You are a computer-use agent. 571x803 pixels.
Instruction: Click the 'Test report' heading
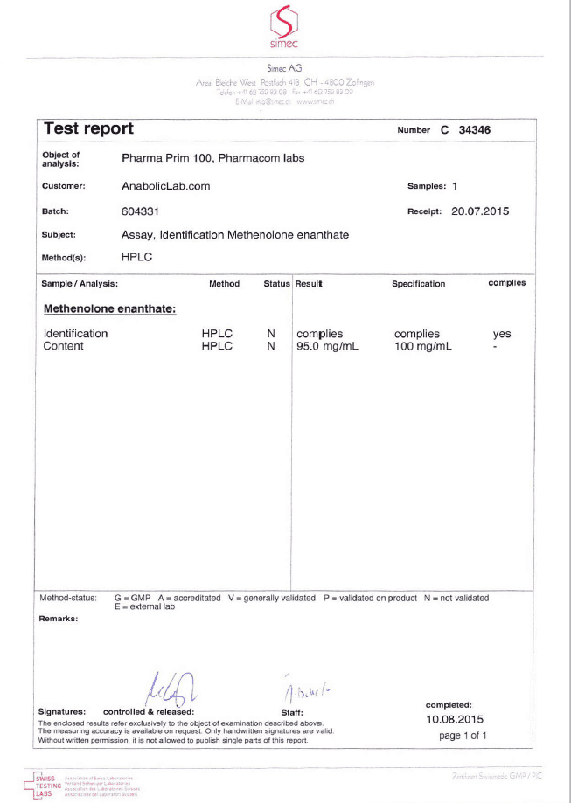(x=88, y=129)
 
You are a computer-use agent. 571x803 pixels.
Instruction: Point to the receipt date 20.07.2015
(x=480, y=211)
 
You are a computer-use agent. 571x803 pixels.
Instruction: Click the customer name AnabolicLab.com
(x=165, y=186)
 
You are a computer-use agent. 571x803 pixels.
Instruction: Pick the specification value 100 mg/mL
(x=423, y=346)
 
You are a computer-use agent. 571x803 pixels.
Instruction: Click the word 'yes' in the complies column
(x=502, y=334)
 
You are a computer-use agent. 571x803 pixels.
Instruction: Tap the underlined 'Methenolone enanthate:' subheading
(x=109, y=308)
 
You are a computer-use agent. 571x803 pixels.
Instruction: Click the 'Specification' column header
(x=418, y=284)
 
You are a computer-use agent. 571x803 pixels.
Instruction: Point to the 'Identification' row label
(x=75, y=334)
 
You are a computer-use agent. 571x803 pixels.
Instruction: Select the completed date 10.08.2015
(x=455, y=719)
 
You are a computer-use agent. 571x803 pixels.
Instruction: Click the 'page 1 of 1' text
(x=463, y=736)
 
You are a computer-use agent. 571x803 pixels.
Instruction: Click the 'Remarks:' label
(x=59, y=619)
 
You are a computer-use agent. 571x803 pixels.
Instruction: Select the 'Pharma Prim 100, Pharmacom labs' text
(x=212, y=158)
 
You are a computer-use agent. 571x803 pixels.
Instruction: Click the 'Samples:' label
(x=427, y=186)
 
